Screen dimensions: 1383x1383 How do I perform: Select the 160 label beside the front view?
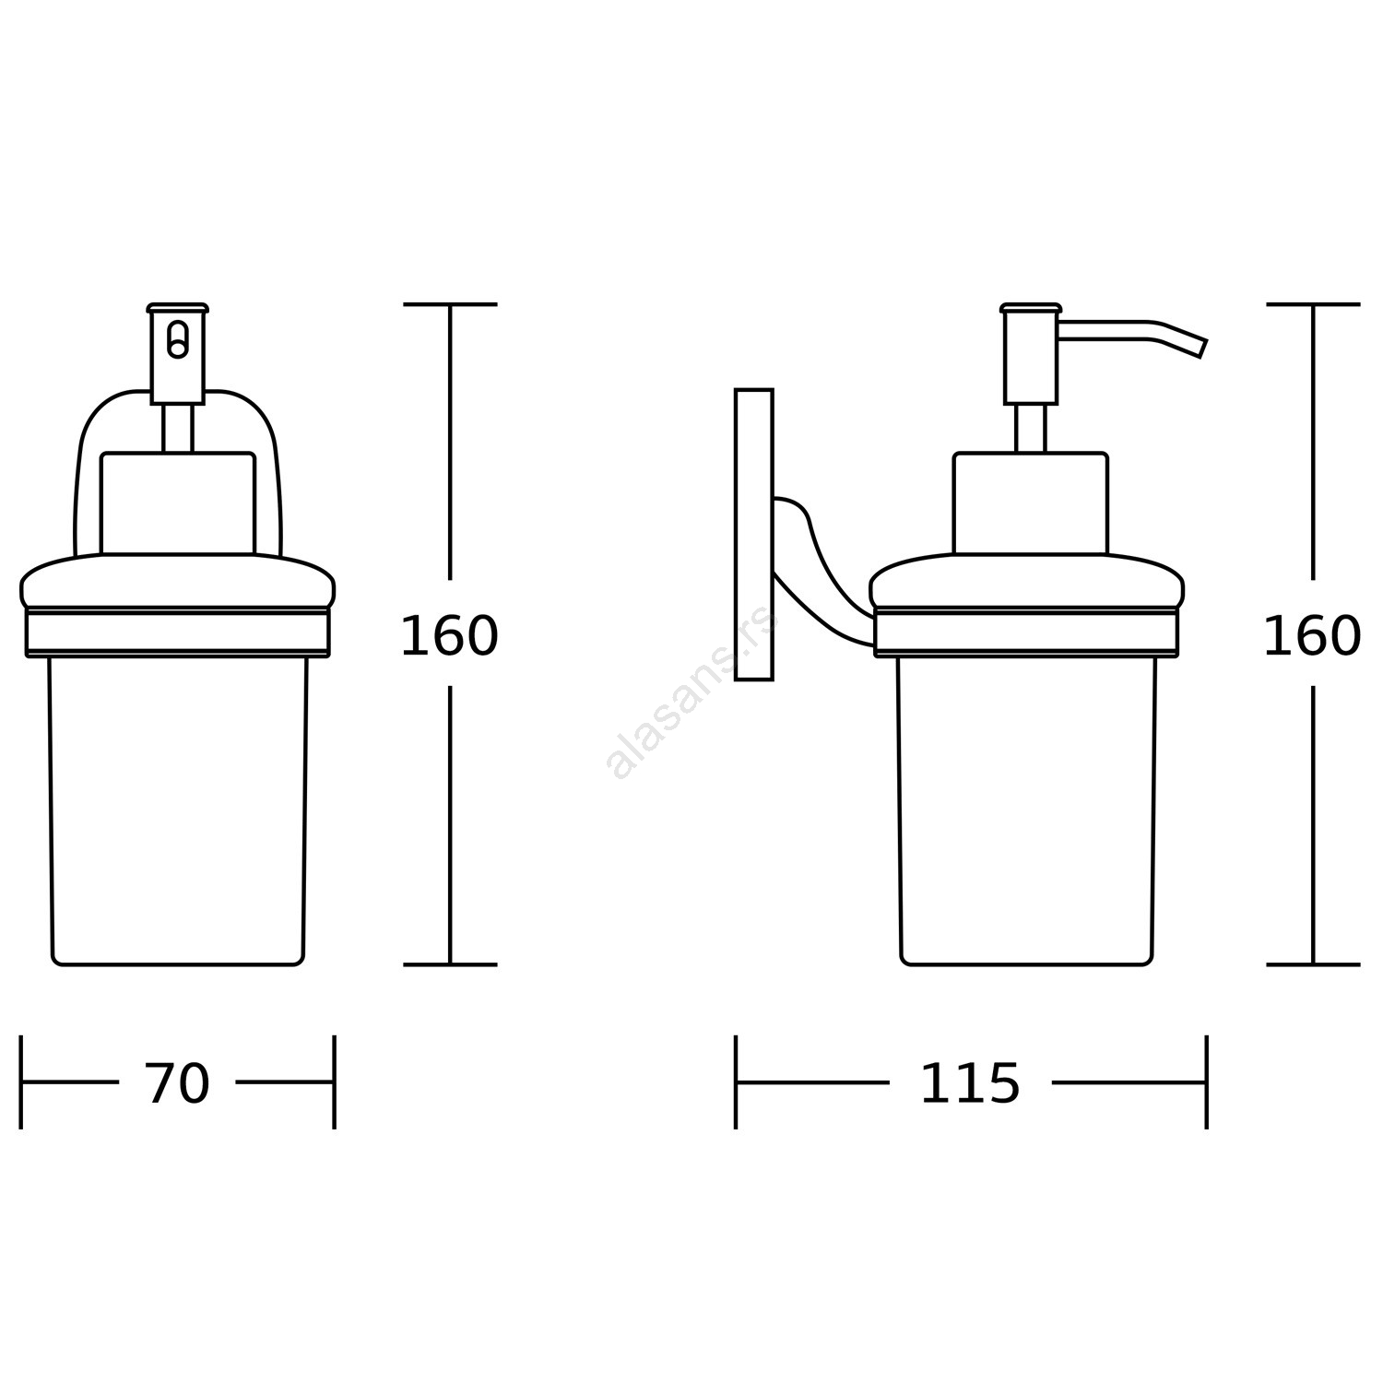point(449,636)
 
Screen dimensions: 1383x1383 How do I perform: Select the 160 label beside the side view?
point(1312,636)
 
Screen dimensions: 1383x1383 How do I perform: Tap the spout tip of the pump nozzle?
point(1203,349)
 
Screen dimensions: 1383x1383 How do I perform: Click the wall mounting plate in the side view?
point(754,535)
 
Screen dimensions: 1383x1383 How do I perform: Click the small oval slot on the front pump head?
point(178,338)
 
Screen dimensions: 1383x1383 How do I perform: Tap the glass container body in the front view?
point(178,811)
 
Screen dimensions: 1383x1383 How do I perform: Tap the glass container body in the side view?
point(1026,811)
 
